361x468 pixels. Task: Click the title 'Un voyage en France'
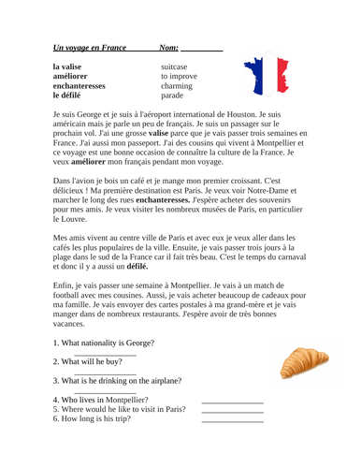point(91,47)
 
